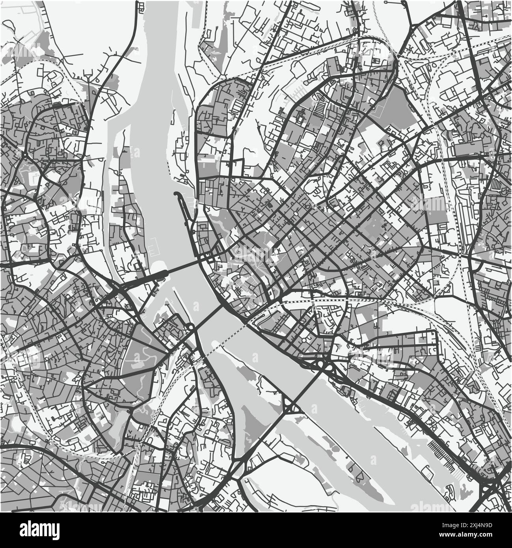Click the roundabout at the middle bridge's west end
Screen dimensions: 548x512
coord(190,327)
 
